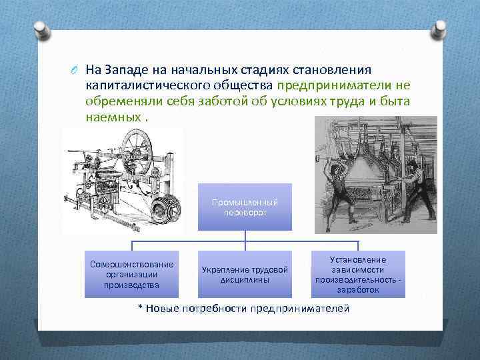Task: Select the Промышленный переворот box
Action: click(245, 207)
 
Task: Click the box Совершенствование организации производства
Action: click(131, 274)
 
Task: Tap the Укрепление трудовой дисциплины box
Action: click(245, 274)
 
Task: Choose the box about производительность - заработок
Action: click(358, 274)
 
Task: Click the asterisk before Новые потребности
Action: click(140, 309)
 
